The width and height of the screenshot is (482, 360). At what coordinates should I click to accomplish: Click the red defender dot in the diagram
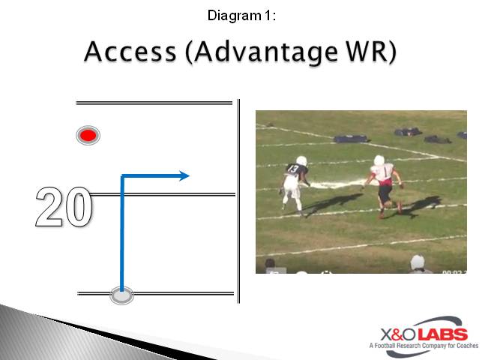(x=88, y=136)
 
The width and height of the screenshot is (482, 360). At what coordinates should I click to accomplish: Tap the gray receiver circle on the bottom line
(x=121, y=295)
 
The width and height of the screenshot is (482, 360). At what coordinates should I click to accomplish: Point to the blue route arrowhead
(x=184, y=176)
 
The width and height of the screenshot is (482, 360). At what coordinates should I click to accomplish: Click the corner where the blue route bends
(x=122, y=177)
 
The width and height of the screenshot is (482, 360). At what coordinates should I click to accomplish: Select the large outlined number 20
(x=64, y=208)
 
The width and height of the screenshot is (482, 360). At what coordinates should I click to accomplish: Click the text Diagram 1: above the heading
(x=241, y=14)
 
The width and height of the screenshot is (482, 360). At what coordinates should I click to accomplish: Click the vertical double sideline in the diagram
(x=238, y=199)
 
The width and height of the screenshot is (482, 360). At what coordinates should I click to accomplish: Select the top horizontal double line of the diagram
(x=154, y=103)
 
